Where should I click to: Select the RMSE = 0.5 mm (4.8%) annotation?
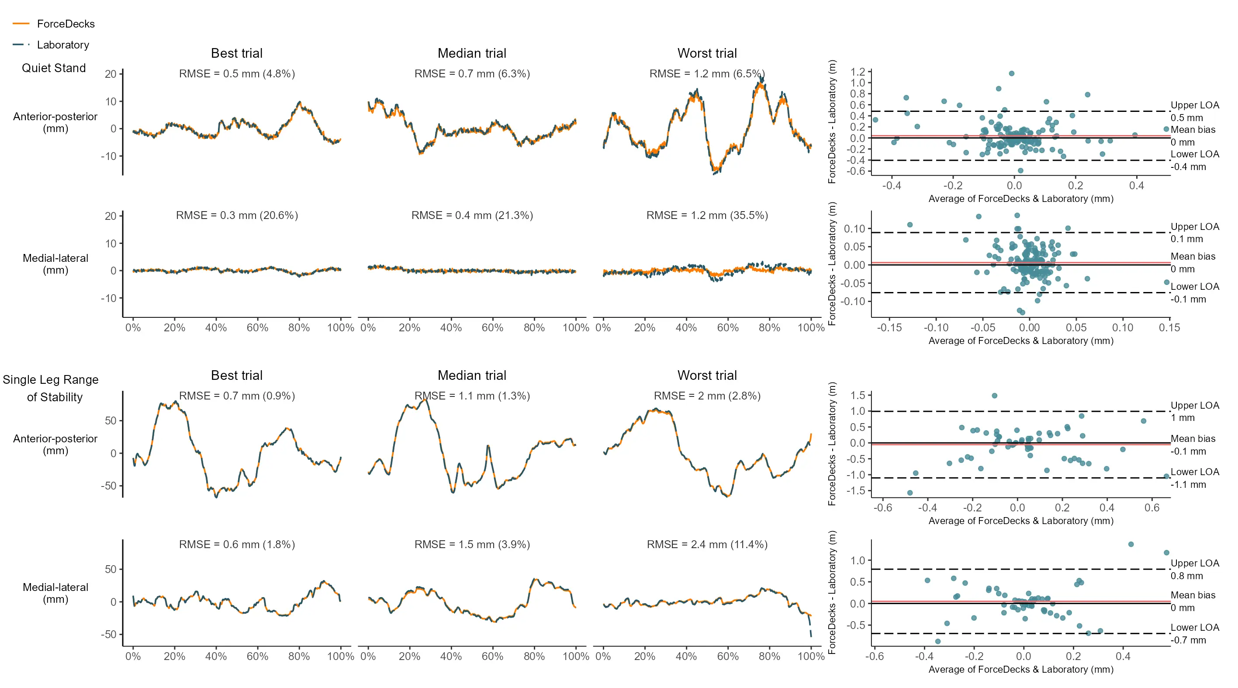coord(236,74)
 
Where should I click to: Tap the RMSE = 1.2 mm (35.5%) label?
coord(707,215)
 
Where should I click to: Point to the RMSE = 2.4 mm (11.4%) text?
coord(707,545)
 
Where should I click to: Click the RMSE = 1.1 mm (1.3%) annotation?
coord(472,396)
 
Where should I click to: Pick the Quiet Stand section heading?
coord(54,68)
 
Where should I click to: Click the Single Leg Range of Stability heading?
coord(51,389)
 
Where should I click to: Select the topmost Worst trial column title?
coord(707,53)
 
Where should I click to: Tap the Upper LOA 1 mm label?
coord(1194,412)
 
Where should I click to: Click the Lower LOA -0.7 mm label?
coord(1194,634)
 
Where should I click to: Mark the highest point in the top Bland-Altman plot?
coord(1012,73)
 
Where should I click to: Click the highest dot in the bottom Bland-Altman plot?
coord(1131,544)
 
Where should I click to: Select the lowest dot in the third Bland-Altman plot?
coord(910,493)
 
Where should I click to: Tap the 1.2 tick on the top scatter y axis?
coord(858,72)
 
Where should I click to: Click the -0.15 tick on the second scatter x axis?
coord(889,328)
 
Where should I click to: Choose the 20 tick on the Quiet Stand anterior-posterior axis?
coord(111,74)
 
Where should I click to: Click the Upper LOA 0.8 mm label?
coord(1194,570)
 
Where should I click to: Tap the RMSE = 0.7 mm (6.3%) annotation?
coord(472,74)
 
